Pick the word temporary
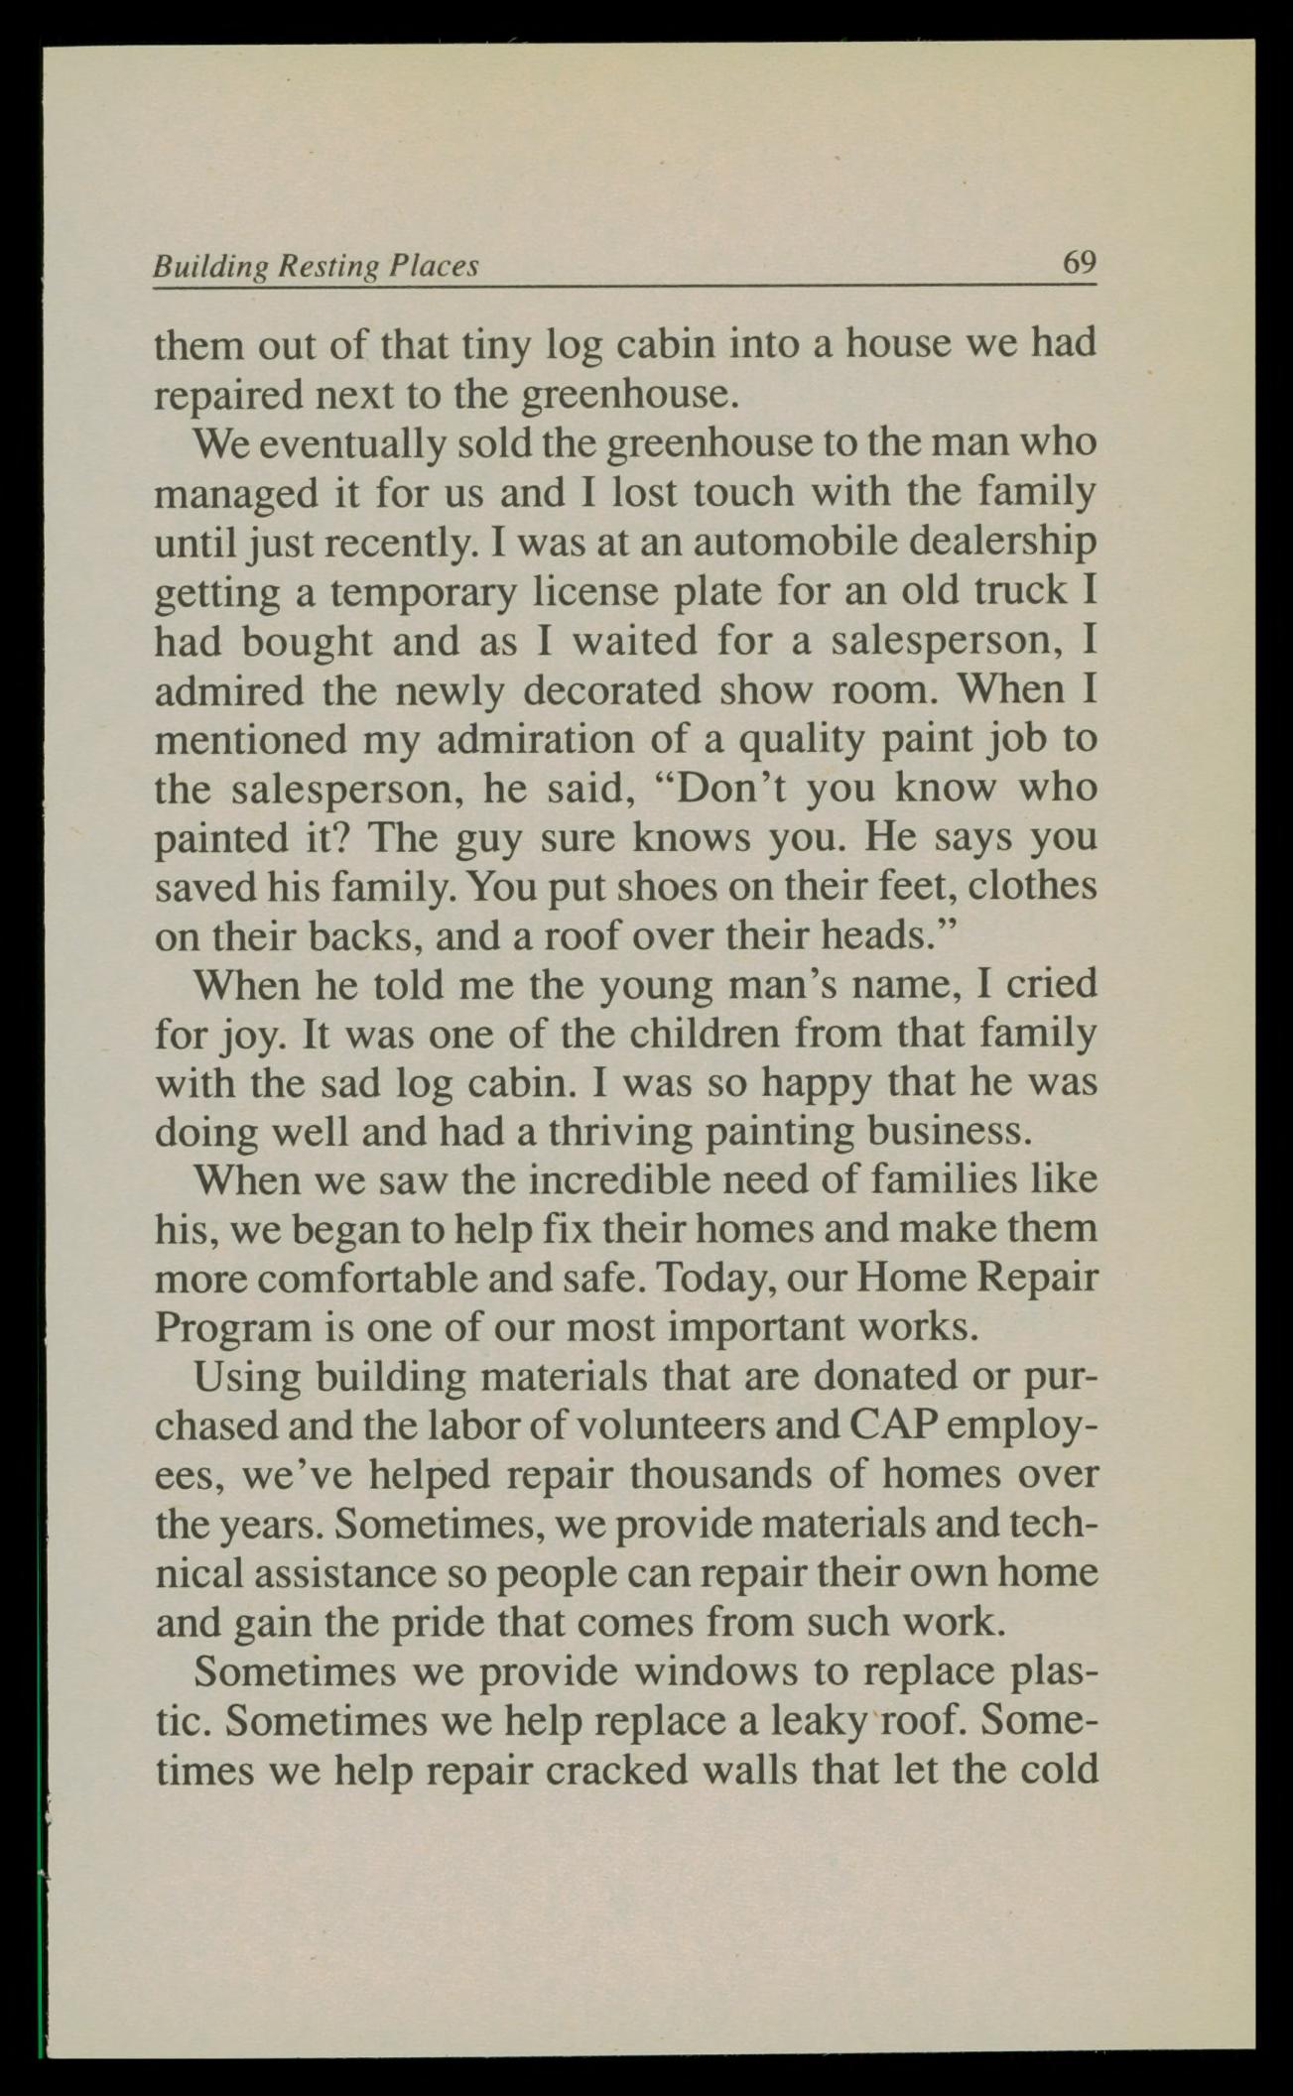(x=424, y=592)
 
